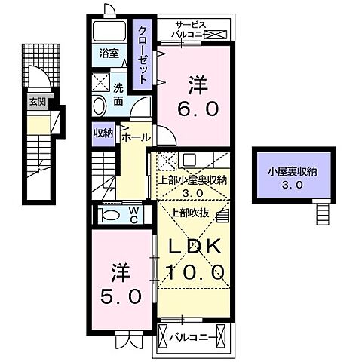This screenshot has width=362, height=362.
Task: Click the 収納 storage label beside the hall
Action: tap(103, 133)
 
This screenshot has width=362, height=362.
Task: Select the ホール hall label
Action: tap(136, 139)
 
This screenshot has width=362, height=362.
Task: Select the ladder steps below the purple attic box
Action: tap(324, 214)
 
